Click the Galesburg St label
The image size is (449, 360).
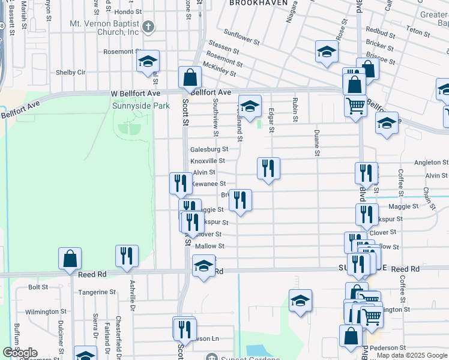[x=209, y=149]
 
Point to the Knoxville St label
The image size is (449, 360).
[x=208, y=161]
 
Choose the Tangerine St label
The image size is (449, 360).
[x=97, y=292]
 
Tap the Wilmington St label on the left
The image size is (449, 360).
[x=46, y=311]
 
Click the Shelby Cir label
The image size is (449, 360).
[x=71, y=72]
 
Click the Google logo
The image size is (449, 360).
[x=20, y=353]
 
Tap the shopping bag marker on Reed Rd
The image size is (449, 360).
[x=70, y=257]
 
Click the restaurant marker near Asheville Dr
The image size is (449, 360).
[x=127, y=254]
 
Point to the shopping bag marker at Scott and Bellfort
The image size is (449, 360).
[x=190, y=77]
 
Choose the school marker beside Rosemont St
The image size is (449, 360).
[x=148, y=61]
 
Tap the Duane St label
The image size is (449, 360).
[x=316, y=143]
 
